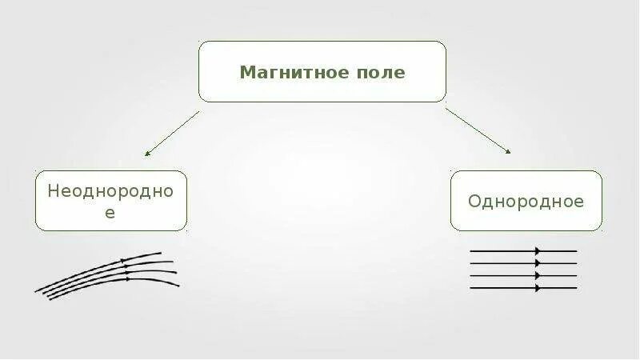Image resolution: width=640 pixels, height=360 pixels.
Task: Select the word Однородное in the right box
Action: click(x=526, y=201)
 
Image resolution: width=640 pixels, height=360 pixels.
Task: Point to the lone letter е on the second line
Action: click(x=111, y=213)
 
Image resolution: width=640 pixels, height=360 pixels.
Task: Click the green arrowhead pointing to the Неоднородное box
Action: click(x=148, y=154)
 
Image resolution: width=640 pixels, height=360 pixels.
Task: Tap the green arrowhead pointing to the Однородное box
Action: click(x=507, y=150)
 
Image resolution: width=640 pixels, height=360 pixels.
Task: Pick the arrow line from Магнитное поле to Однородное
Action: click(x=477, y=130)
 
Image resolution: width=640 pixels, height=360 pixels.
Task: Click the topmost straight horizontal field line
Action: click(x=523, y=251)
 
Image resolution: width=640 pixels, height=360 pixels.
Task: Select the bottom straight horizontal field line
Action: click(x=523, y=287)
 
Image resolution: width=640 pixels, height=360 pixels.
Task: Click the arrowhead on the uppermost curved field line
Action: click(x=125, y=261)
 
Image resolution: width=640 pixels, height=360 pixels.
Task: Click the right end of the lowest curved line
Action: click(x=178, y=286)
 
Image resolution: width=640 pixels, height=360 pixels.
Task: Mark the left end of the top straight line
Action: click(x=471, y=251)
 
